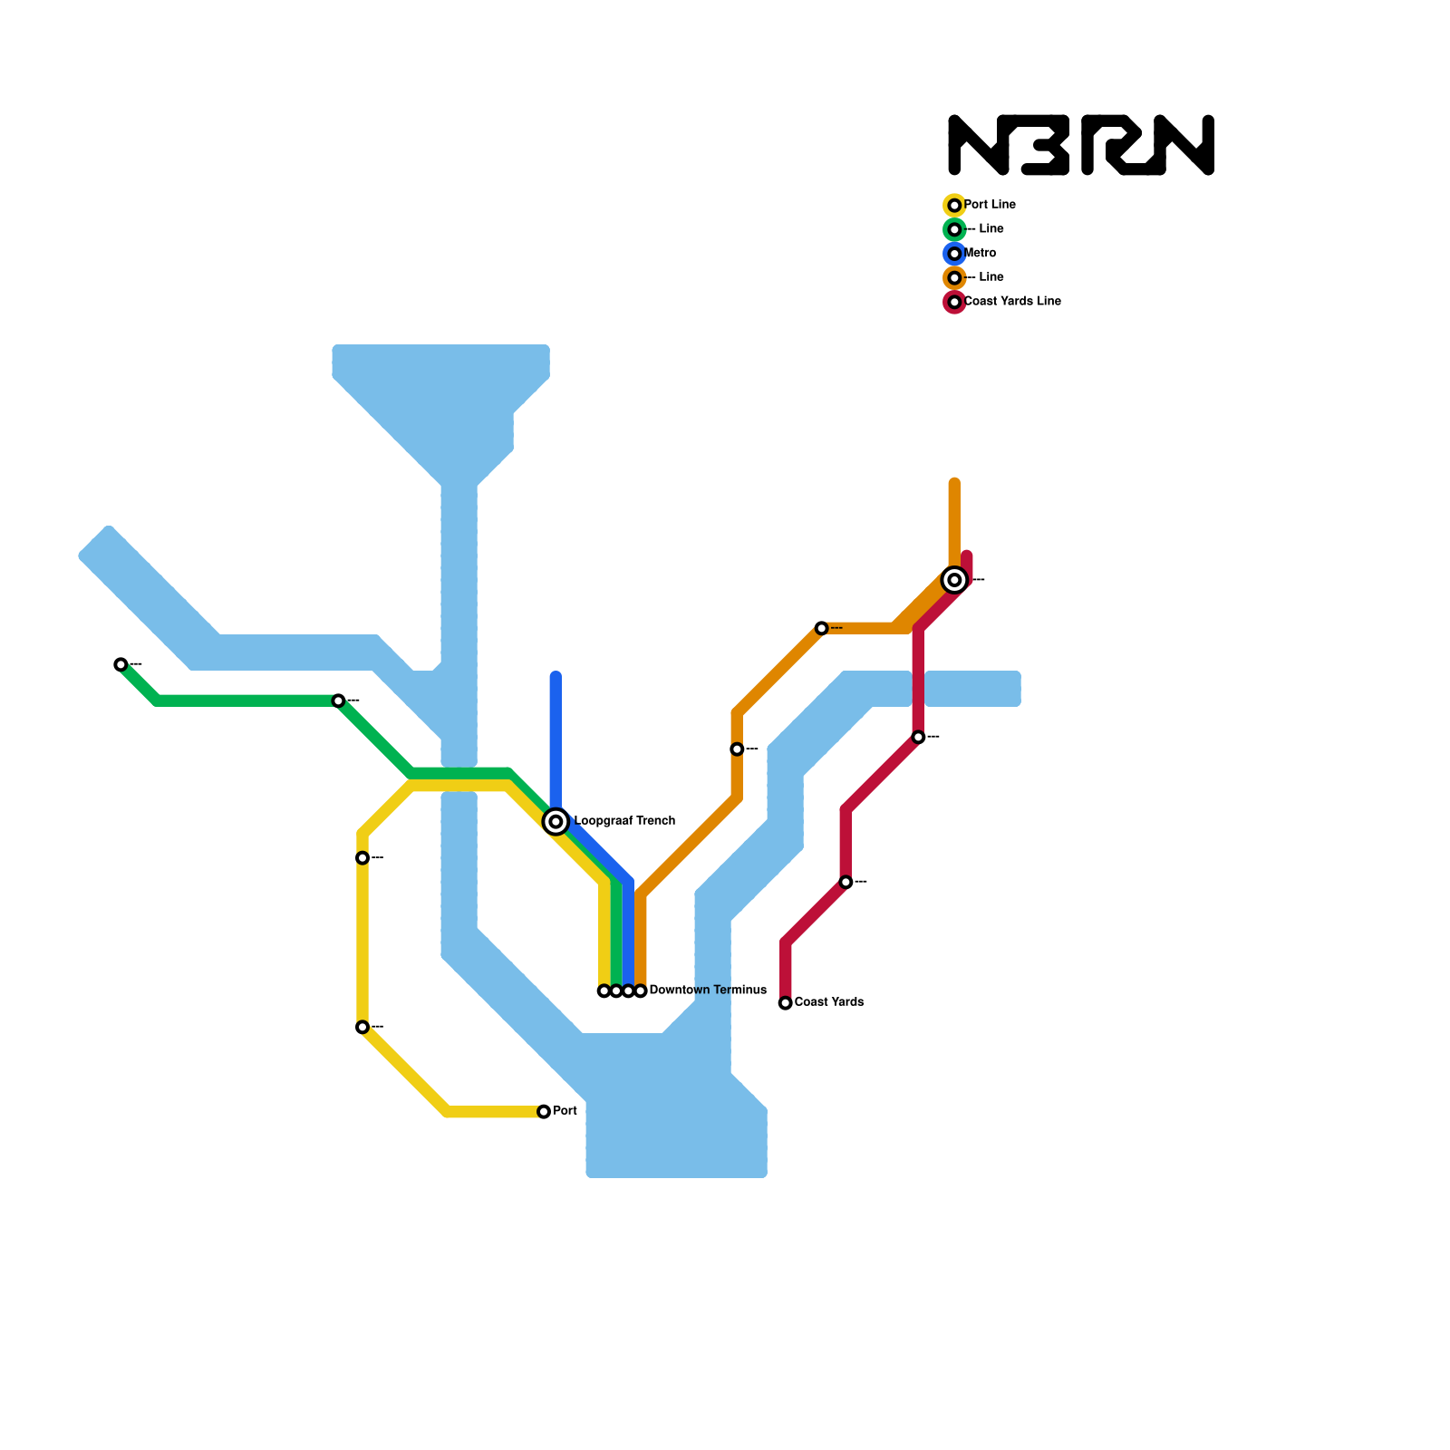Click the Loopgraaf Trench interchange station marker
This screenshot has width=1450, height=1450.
tap(556, 821)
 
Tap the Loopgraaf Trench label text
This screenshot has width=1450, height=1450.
tap(624, 821)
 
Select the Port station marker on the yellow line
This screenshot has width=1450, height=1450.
tap(544, 1111)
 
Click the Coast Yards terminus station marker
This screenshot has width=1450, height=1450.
tap(786, 1002)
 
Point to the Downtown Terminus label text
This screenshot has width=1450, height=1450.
tap(708, 991)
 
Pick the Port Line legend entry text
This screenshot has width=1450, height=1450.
tap(990, 205)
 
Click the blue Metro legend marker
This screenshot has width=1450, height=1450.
tap(954, 254)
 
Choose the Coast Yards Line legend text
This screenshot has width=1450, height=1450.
tap(1012, 301)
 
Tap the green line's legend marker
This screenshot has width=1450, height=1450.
tap(954, 229)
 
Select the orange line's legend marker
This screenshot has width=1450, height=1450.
tap(954, 277)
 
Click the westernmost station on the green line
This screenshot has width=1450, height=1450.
tap(121, 664)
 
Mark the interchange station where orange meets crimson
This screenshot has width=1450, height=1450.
tap(954, 579)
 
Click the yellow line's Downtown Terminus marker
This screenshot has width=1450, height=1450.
tap(604, 991)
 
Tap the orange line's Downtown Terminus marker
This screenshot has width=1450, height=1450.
tap(641, 991)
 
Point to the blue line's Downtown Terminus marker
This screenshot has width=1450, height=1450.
tap(628, 991)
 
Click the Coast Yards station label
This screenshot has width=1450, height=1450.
tap(828, 1002)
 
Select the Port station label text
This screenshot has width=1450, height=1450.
tap(565, 1111)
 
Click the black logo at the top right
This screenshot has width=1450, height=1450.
tap(1081, 145)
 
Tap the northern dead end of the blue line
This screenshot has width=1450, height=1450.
tap(556, 676)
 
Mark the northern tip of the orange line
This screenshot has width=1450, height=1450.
tap(954, 482)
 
